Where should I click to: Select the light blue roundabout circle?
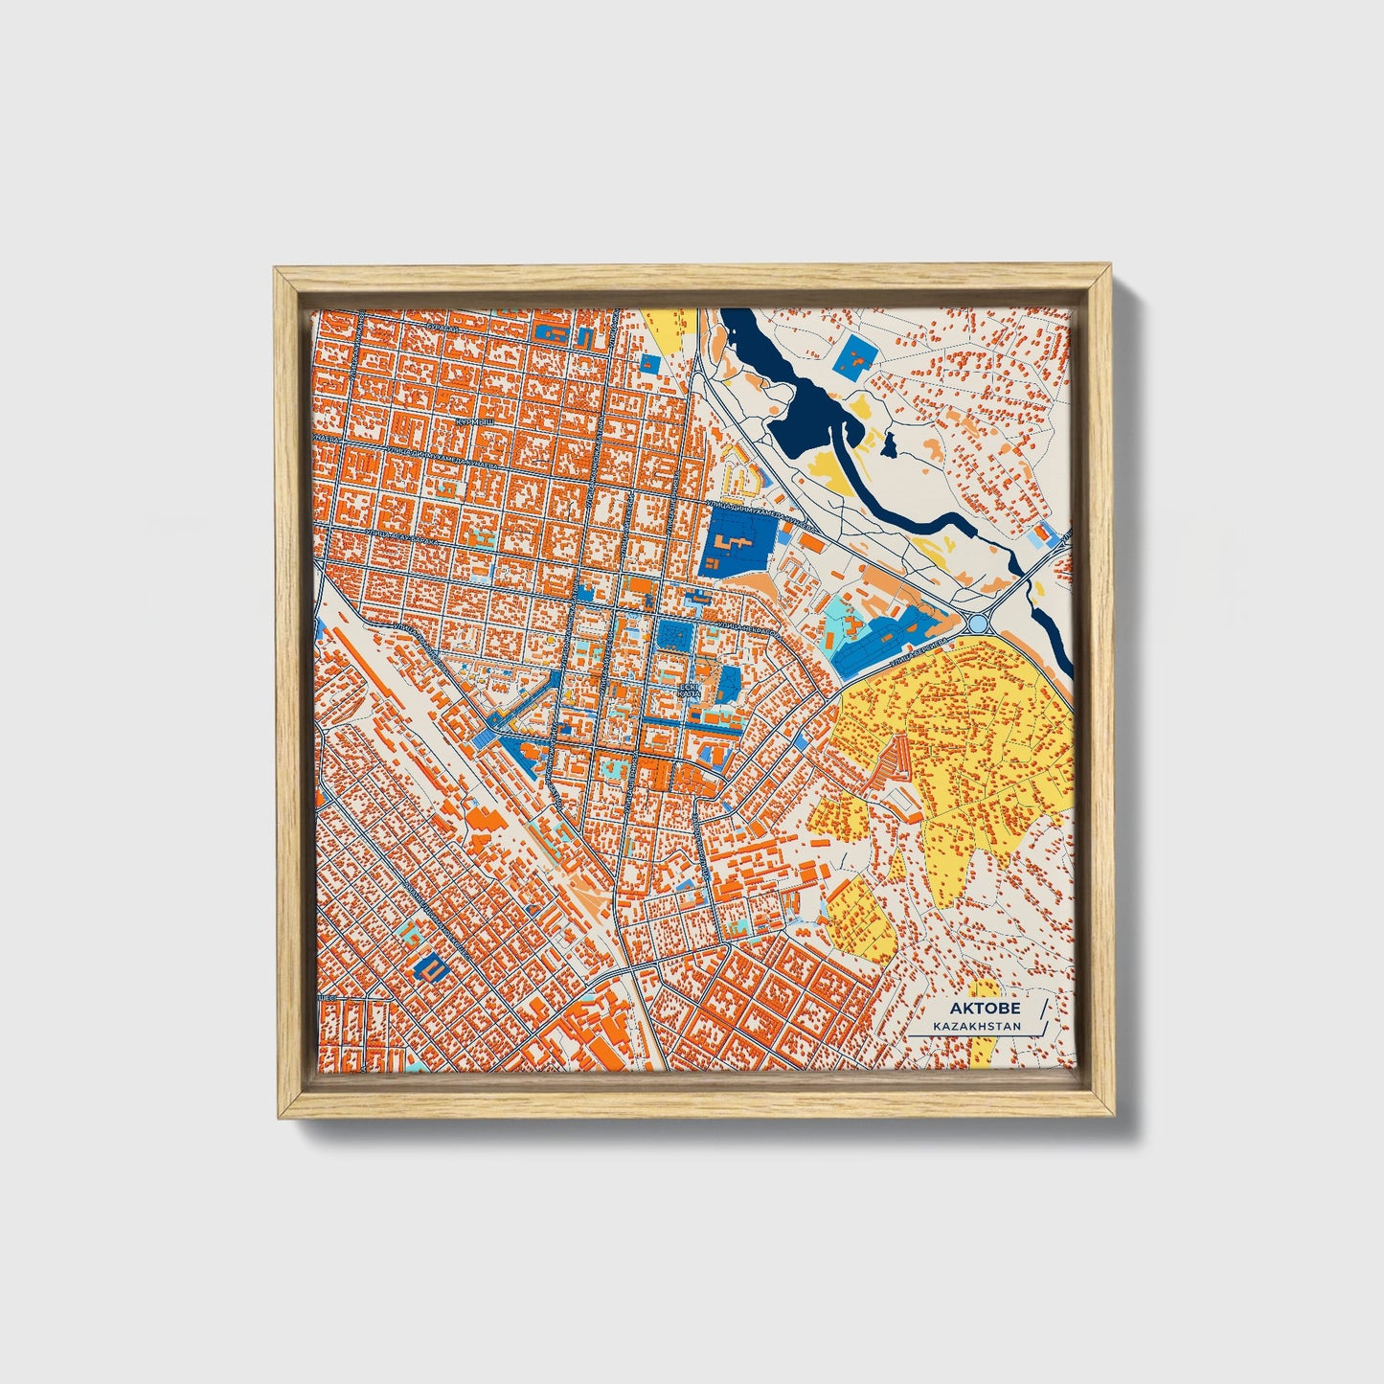pos(978,624)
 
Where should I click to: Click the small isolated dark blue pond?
pos(889,443)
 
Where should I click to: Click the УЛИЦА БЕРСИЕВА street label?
pos(919,648)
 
